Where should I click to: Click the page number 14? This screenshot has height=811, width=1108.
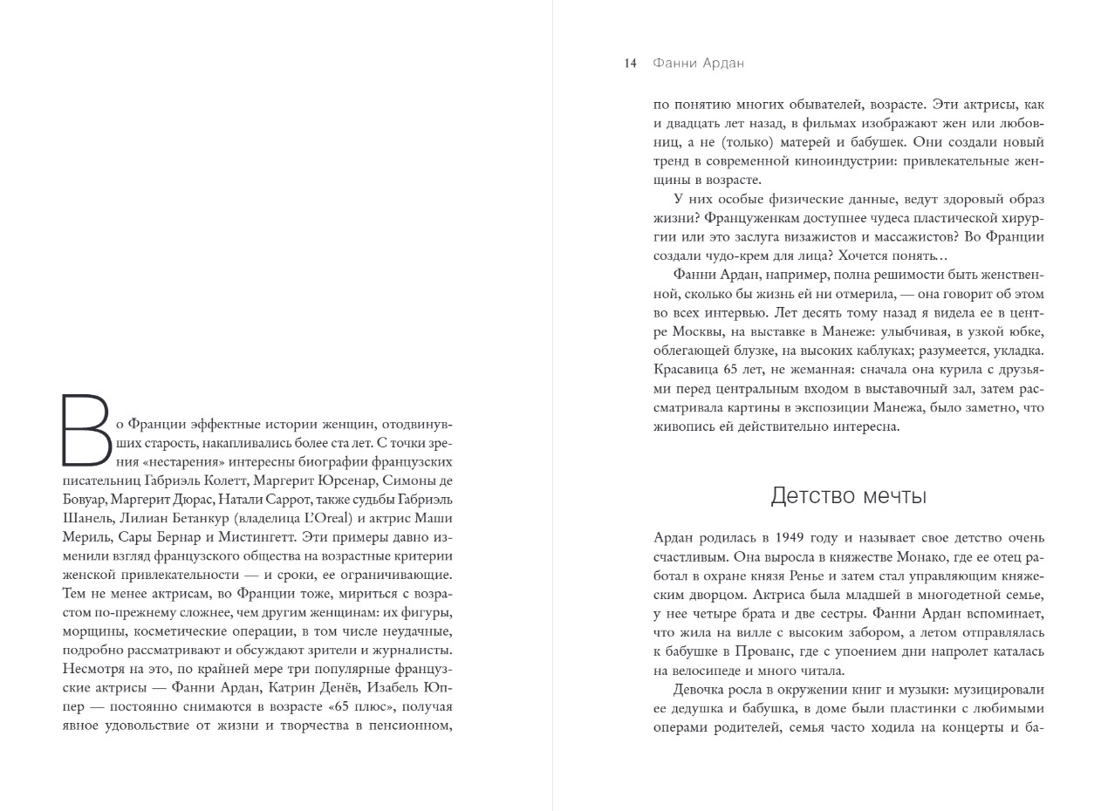[630, 64]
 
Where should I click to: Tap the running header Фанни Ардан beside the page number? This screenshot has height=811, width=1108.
[698, 64]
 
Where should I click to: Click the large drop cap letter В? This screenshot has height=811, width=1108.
[86, 430]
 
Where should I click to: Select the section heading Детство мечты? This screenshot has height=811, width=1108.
[848, 496]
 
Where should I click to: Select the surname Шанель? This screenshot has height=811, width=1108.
[85, 519]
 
